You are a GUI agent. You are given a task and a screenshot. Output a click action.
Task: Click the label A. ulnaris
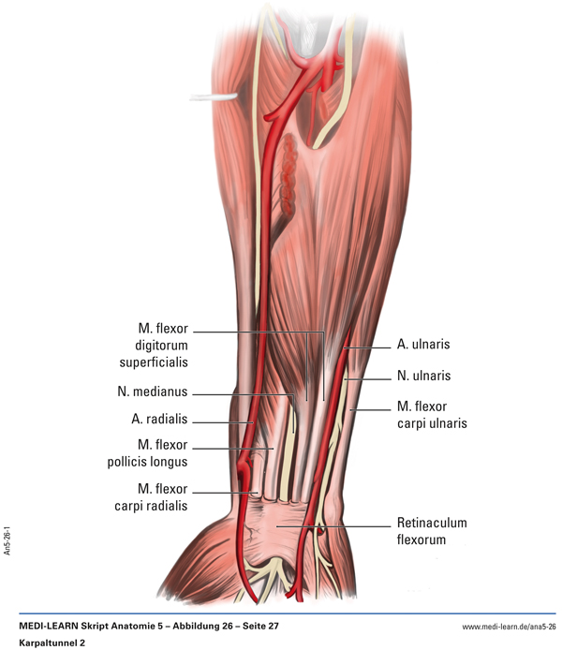[x=423, y=344]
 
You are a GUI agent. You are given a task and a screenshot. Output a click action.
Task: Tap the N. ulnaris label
[x=423, y=376]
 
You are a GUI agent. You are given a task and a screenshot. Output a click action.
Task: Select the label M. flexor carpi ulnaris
[x=432, y=415]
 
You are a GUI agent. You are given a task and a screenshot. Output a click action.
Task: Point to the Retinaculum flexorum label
[x=432, y=531]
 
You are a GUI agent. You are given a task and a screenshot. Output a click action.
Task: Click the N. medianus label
[x=153, y=391]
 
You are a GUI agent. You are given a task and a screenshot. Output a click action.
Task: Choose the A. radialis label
[x=159, y=419]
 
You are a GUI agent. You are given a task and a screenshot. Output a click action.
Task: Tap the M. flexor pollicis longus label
[x=148, y=453]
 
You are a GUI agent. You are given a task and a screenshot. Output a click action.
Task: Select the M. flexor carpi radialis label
[x=152, y=497]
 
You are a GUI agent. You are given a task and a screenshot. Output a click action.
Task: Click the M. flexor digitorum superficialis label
[x=154, y=346]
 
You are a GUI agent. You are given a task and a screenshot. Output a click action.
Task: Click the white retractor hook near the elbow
[x=214, y=97]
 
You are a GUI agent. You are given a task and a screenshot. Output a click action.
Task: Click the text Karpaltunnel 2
[x=52, y=643]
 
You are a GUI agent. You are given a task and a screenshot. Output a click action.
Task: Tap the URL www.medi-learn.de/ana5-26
[x=509, y=627]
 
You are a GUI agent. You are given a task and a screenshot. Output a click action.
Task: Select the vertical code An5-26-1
[x=7, y=541]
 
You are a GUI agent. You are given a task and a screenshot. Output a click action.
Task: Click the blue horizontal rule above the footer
[x=288, y=613]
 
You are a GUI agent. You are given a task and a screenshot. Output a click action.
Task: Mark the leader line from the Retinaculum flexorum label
[x=333, y=527]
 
